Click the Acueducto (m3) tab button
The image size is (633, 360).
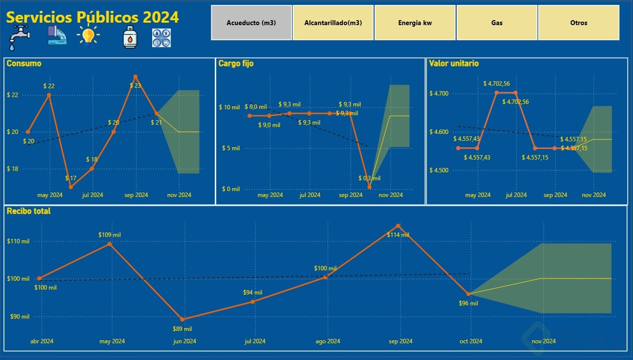point(251,23)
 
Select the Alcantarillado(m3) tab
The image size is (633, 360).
point(333,23)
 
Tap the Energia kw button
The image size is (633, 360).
point(415,23)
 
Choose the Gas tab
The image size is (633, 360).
point(497,23)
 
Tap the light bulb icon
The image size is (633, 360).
point(88,35)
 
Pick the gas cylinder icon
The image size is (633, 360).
point(130,37)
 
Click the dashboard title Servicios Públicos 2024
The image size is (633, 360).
point(93,17)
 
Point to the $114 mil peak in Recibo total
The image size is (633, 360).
point(398,226)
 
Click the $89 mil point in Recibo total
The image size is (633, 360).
point(182,319)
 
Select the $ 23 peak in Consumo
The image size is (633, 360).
point(135,77)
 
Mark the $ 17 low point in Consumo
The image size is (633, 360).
point(71,187)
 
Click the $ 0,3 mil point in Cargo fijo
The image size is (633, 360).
point(369,187)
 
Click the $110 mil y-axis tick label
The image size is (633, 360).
point(18,241)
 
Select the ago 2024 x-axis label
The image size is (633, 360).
point(328,341)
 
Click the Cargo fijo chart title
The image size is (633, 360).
point(236,64)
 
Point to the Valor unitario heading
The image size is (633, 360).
point(454,64)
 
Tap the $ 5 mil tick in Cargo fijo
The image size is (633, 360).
point(230,148)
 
